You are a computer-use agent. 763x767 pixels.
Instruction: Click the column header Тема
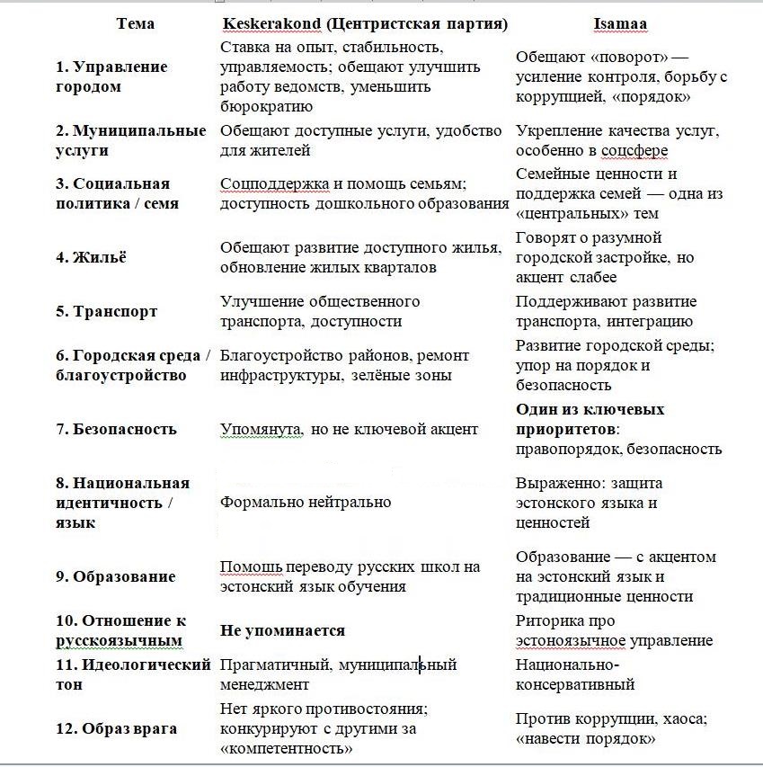coord(135,23)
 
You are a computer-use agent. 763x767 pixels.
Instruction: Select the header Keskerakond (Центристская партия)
coord(365,23)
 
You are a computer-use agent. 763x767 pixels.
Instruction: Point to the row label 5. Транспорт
coord(106,311)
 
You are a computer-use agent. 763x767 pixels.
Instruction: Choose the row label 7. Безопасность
coord(116,429)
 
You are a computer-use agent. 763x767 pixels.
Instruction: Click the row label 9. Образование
coord(115,576)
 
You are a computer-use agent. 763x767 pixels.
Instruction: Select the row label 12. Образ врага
coord(116,728)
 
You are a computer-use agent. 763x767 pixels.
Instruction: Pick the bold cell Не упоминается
coord(282,630)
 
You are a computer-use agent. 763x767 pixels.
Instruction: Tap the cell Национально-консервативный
coord(575,674)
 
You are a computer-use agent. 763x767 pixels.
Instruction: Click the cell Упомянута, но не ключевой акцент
coord(349,429)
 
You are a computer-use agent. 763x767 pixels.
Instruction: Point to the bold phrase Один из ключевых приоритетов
coord(590,419)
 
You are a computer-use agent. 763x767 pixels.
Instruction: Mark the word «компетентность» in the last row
coord(286,748)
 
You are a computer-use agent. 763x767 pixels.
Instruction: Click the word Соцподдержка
coord(267,184)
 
